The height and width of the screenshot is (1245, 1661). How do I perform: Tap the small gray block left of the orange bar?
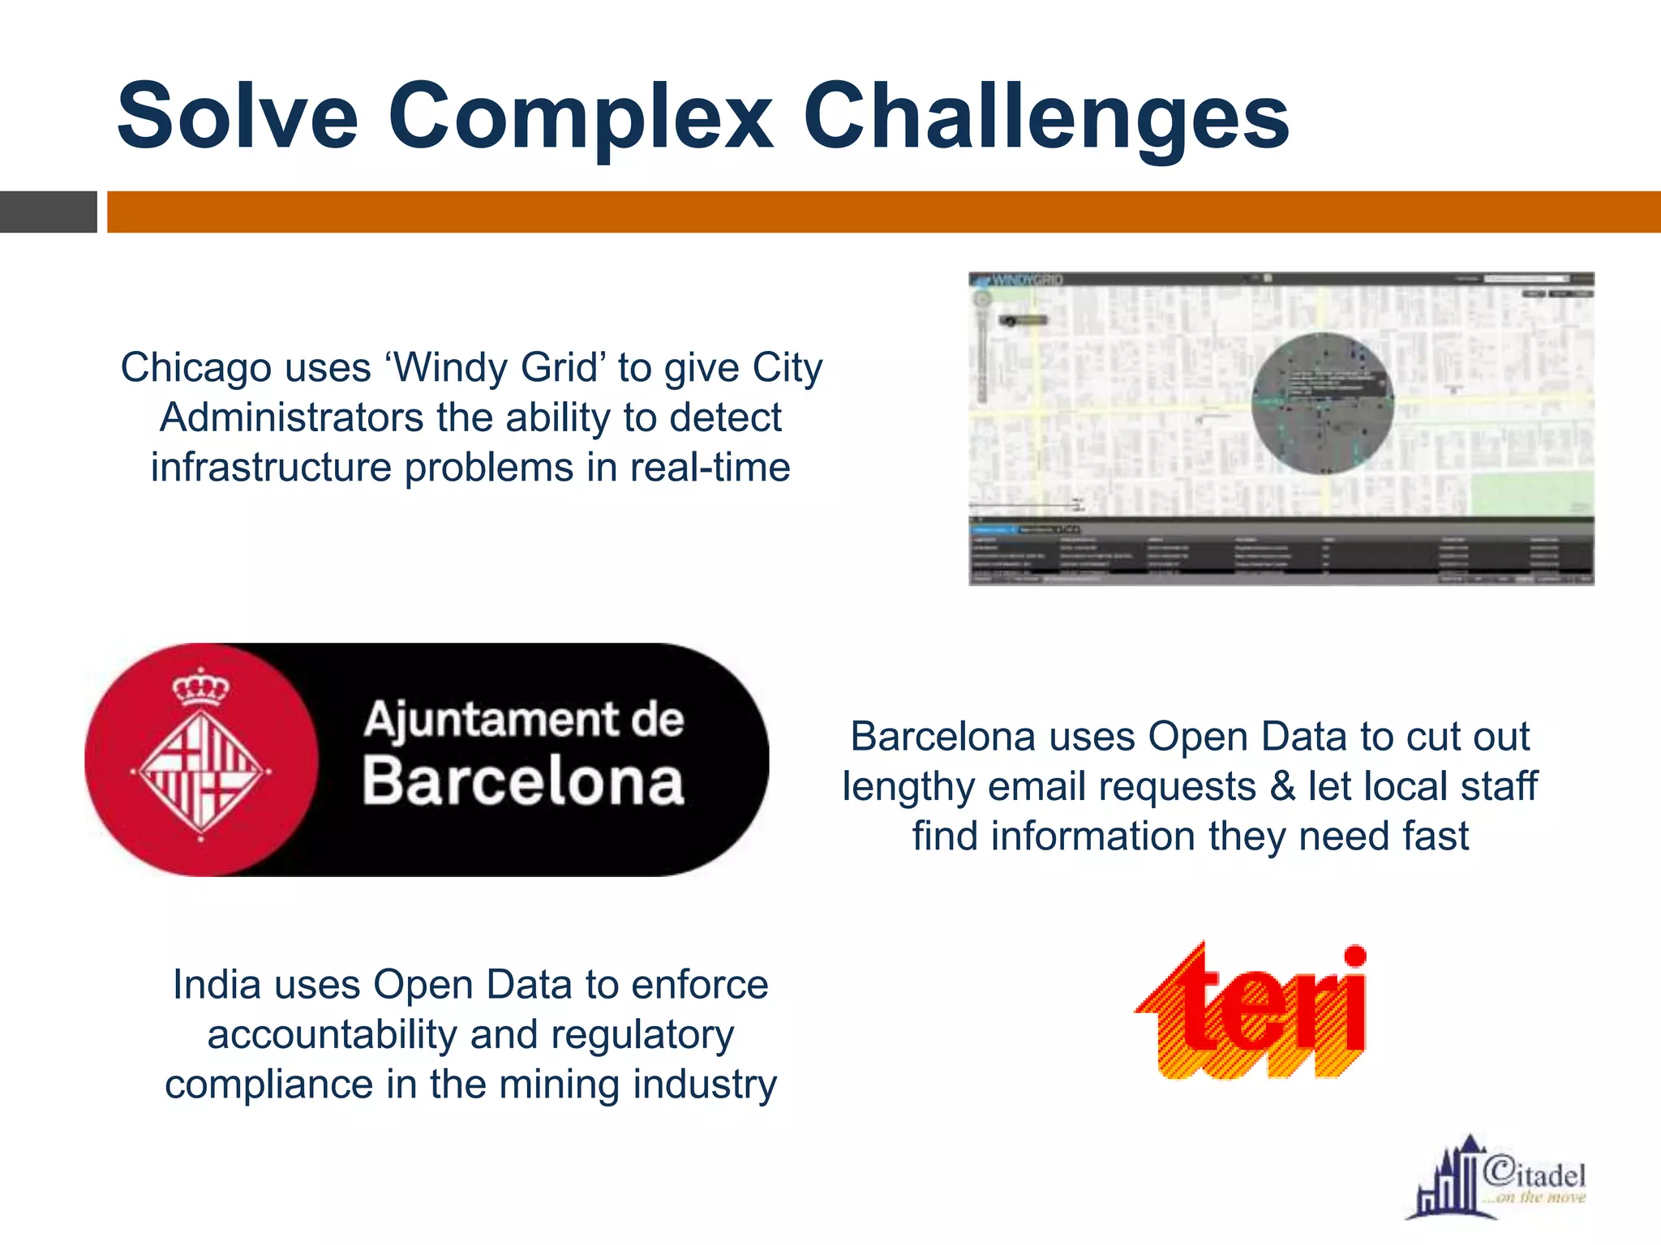pyautogui.click(x=48, y=212)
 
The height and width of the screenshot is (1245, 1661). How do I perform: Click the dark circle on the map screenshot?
pyautogui.click(x=1322, y=403)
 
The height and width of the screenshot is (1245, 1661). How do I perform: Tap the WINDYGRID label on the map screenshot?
pyautogui.click(x=1027, y=280)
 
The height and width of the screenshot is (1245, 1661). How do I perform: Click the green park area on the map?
pyautogui.click(x=1531, y=494)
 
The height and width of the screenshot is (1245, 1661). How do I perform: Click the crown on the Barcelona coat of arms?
pyautogui.click(x=200, y=688)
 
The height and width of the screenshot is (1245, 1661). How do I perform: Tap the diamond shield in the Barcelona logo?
pyautogui.click(x=200, y=769)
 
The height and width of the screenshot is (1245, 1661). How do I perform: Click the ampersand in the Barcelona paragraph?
pyautogui.click(x=1282, y=786)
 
